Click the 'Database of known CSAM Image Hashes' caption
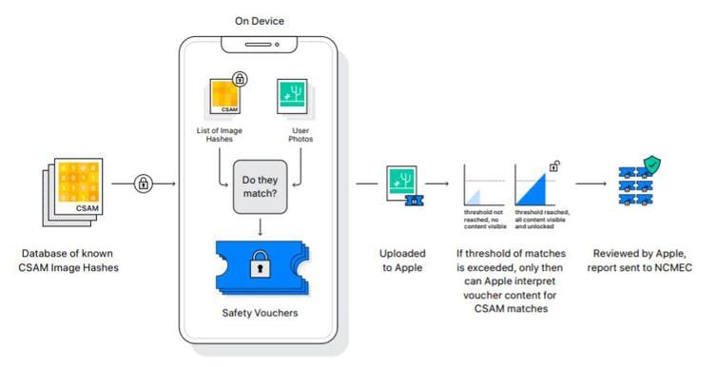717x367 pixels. click(72, 261)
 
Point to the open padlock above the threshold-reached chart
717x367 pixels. click(554, 165)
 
